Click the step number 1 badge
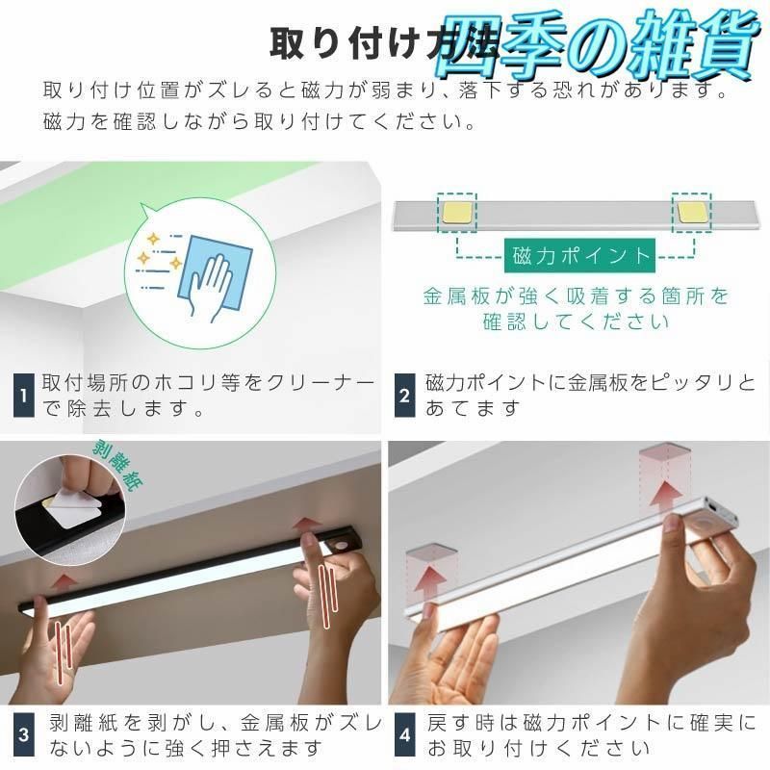click(x=23, y=395)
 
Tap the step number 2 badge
click(x=405, y=395)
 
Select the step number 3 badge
click(x=23, y=734)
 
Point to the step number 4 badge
click(x=405, y=734)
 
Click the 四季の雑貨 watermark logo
click(x=594, y=46)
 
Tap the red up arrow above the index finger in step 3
click(x=305, y=525)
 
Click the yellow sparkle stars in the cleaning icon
click(x=160, y=253)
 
